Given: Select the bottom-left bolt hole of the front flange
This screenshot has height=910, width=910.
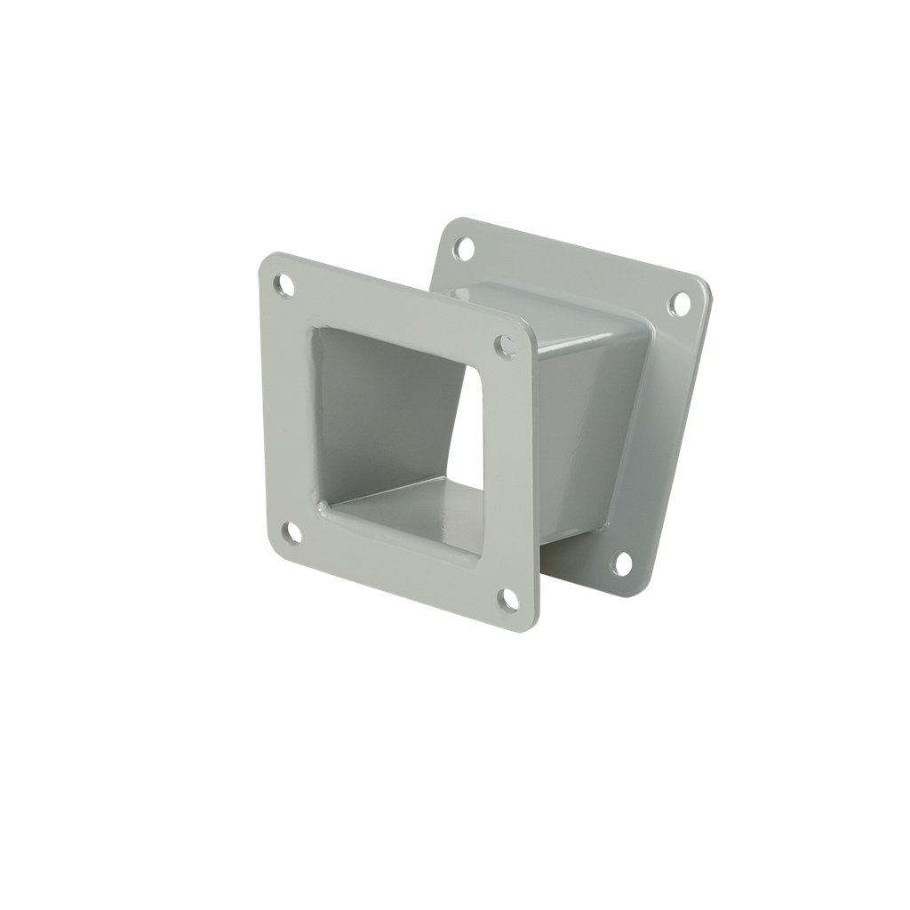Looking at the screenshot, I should [290, 533].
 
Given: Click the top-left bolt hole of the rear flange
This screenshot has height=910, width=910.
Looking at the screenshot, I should [463, 247].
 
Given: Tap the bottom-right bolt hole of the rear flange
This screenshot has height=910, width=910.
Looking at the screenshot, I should [623, 563].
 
